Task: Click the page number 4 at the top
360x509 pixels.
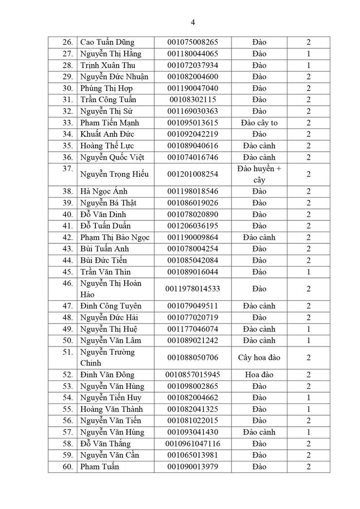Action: pyautogui.click(x=193, y=22)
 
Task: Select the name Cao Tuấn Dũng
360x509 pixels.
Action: pyautogui.click(x=107, y=42)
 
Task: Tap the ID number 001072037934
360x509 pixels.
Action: pyautogui.click(x=193, y=65)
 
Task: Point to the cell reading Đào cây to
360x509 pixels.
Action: pyautogui.click(x=259, y=123)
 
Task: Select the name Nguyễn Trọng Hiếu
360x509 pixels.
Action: pyautogui.click(x=114, y=174)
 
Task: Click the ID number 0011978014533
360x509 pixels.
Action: pyautogui.click(x=193, y=289)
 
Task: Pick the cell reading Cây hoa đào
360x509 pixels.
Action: pyautogui.click(x=259, y=358)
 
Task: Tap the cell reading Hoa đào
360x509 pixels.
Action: pyautogui.click(x=259, y=375)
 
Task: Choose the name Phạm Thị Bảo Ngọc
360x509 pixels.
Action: pyautogui.click(x=115, y=237)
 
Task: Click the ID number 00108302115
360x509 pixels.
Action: pyautogui.click(x=193, y=100)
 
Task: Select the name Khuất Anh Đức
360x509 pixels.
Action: pyautogui.click(x=107, y=134)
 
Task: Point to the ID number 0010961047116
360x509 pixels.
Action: pyautogui.click(x=193, y=444)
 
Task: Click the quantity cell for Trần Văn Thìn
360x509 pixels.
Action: pyautogui.click(x=308, y=272)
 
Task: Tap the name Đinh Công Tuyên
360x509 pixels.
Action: pyautogui.click(x=110, y=306)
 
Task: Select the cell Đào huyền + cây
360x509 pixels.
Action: pyautogui.click(x=259, y=174)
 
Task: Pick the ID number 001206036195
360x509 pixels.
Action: pyautogui.click(x=193, y=226)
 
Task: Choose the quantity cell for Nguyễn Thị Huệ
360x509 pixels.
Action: pyautogui.click(x=308, y=329)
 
